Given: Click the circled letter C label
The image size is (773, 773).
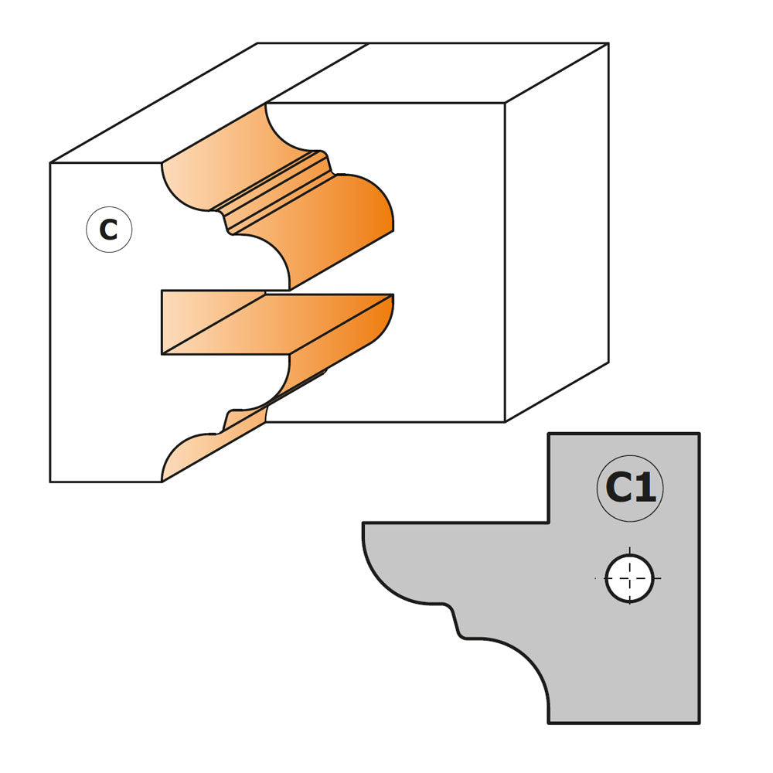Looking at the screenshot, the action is tap(109, 230).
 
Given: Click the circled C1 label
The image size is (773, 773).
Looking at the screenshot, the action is tap(630, 488).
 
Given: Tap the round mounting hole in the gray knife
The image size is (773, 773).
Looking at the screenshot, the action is tap(629, 578).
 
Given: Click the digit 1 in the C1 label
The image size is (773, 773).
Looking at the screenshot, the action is tap(645, 488).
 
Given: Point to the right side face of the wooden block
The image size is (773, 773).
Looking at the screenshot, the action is tap(557, 232).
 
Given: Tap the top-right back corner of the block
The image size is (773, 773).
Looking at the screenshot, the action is tap(609, 43).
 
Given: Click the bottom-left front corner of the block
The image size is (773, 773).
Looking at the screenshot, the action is tap(50, 482).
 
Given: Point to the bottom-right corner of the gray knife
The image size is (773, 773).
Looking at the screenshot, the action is tap(699, 724).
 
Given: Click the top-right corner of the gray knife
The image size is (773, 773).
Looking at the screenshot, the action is tap(699, 434).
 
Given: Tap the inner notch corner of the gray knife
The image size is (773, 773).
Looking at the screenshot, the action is tap(549, 522).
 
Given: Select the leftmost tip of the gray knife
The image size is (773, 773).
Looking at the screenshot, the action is tap(363, 523).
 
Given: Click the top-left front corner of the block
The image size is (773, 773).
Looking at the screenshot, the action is tap(50, 162).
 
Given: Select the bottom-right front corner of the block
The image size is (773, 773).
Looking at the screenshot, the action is tap(505, 422).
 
